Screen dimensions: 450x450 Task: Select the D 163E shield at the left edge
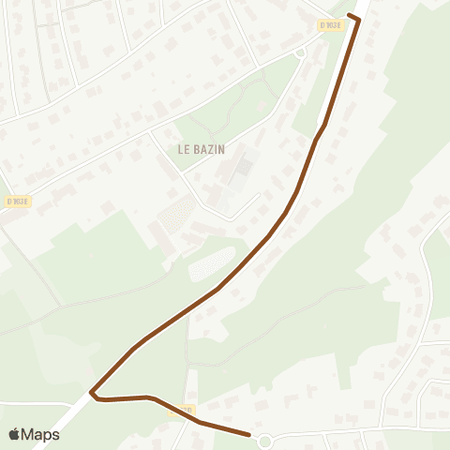pos(17,201)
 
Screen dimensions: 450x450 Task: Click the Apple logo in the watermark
pos(14,434)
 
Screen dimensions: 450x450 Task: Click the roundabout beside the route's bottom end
pos(264,440)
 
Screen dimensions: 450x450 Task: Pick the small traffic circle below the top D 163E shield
pos(300,53)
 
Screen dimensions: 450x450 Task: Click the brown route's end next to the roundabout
pos(248,434)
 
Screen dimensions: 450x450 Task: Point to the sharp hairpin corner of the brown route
pos(92,391)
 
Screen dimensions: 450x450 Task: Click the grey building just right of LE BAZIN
pos(242,170)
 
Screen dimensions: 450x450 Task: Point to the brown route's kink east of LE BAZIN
pos(323,125)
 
